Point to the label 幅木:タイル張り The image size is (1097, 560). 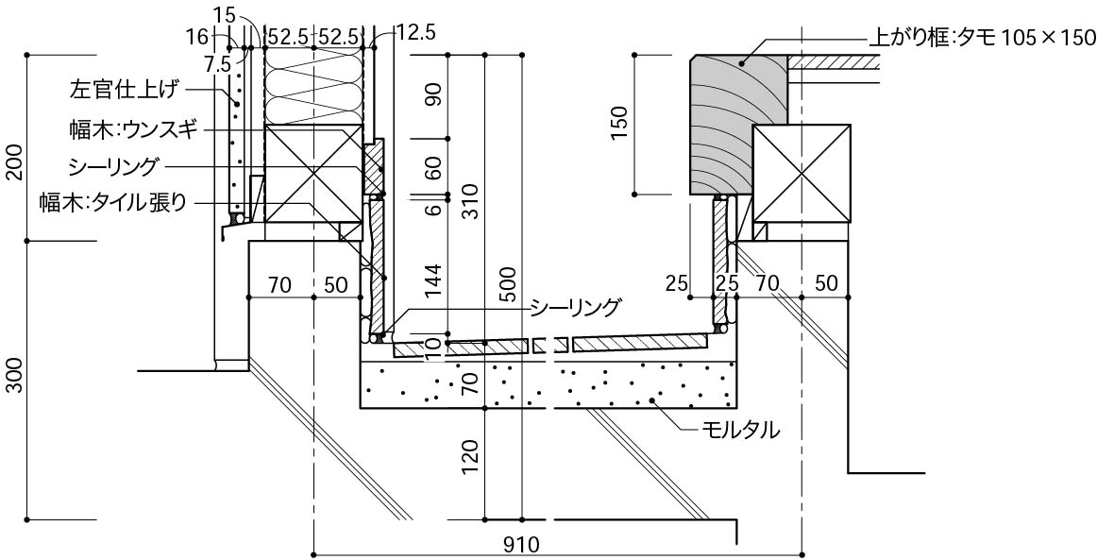pos(114,203)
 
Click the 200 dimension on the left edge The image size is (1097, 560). pos(16,162)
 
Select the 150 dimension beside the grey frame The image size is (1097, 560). pos(622,123)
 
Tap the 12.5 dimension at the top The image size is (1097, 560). pos(417,31)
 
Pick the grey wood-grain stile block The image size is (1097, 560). pos(739,125)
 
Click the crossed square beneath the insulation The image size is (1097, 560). pos(313,175)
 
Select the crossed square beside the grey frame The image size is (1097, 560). pos(802,175)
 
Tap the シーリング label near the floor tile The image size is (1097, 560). pos(574,307)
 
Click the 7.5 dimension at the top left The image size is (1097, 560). pos(217,63)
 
